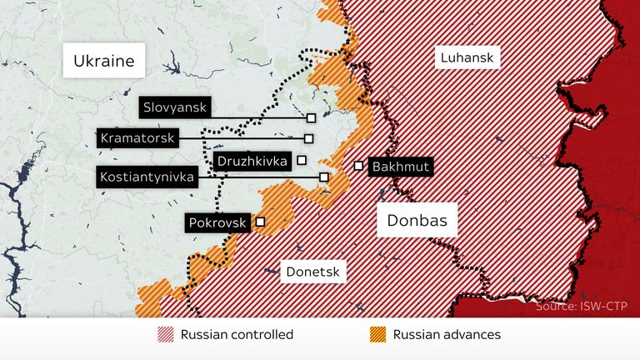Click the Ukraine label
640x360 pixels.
click(x=103, y=61)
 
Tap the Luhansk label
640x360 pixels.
click(x=466, y=57)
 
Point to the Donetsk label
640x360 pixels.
click(x=312, y=270)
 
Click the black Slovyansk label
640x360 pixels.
click(x=175, y=107)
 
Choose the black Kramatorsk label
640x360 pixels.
click(x=137, y=138)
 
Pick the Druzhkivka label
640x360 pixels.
click(x=251, y=161)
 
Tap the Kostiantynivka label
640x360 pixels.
click(x=147, y=177)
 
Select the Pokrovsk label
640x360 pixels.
click(x=217, y=222)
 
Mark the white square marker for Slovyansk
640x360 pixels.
click(x=311, y=118)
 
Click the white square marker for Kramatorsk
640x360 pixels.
click(x=308, y=138)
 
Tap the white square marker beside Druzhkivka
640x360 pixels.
click(x=302, y=160)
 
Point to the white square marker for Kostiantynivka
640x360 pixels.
click(x=323, y=177)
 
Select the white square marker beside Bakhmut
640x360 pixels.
click(x=357, y=166)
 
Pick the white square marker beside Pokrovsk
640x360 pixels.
click(x=260, y=222)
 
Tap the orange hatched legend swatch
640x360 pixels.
click(x=377, y=335)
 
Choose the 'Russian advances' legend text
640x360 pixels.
click(x=447, y=335)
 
